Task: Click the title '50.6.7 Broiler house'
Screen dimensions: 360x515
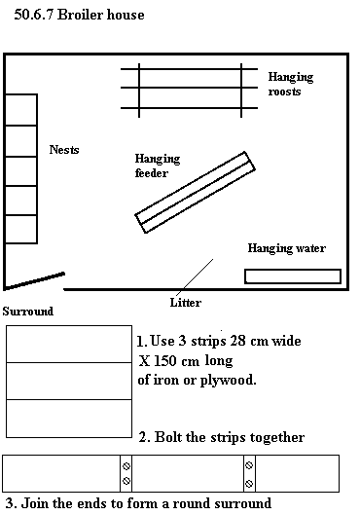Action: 79,15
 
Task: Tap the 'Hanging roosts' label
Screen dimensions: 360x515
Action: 291,84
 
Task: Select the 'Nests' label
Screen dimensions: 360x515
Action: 64,150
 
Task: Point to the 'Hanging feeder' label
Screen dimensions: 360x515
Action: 158,166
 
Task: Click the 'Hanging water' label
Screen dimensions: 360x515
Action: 287,248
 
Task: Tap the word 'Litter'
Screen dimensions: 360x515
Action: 186,303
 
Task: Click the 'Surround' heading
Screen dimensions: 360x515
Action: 28,312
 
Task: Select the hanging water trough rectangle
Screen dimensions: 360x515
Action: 293,276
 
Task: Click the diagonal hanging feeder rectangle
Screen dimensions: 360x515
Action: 195,193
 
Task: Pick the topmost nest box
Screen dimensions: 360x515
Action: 21,110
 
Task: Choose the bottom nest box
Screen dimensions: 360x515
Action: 21,229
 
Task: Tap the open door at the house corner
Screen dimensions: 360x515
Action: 34,280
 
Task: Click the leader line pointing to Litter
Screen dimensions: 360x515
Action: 195,276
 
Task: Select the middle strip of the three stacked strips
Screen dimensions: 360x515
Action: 69,381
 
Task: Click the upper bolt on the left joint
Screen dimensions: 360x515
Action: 126,466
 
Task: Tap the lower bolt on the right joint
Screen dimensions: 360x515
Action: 249,484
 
